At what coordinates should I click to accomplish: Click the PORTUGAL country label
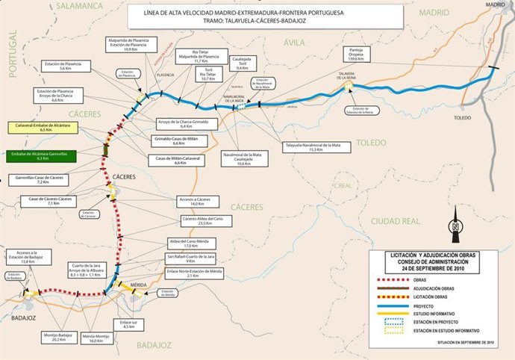(11, 56)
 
